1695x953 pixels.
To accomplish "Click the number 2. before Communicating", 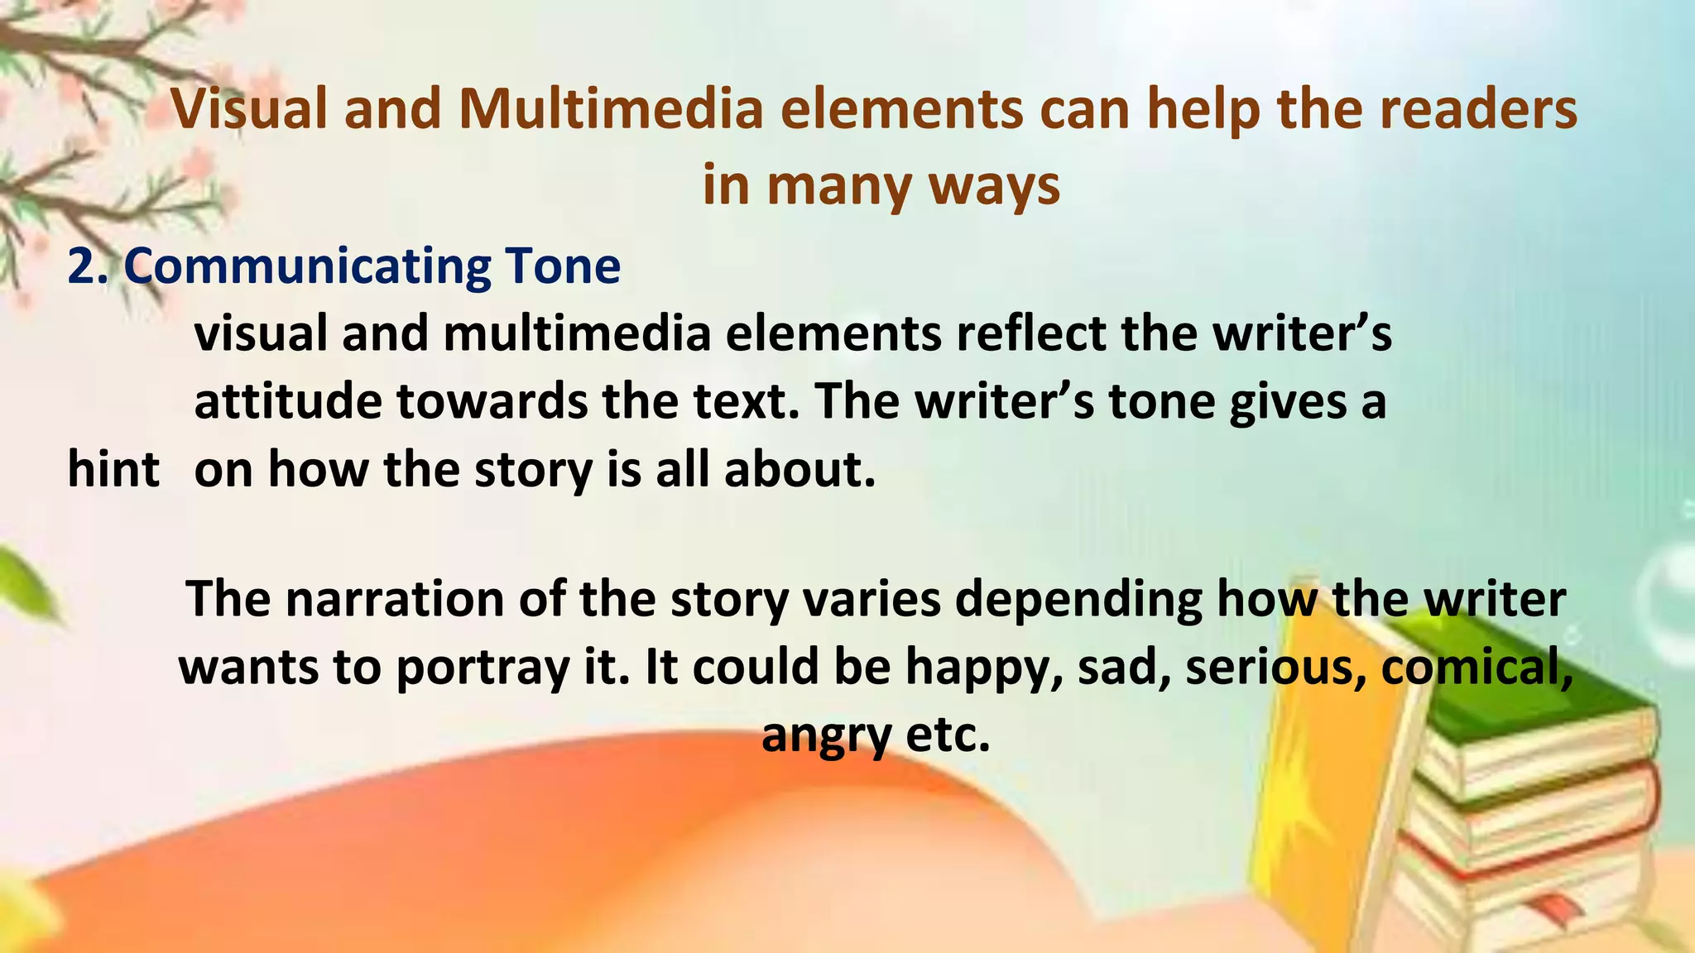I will click(x=88, y=266).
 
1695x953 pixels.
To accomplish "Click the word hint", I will click(x=113, y=469).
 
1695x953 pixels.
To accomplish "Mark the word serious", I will click(x=1275, y=666).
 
